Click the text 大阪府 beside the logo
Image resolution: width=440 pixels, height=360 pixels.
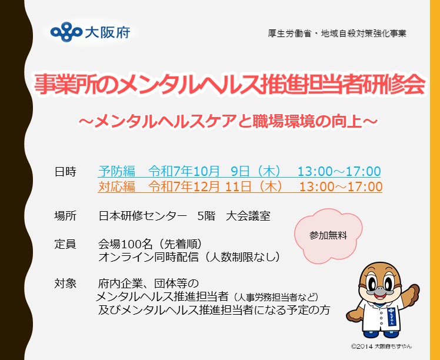(98, 30)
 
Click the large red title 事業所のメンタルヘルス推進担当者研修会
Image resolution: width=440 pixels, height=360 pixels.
(229, 86)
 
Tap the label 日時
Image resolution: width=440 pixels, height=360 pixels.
(65, 172)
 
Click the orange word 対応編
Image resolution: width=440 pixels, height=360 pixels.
(117, 187)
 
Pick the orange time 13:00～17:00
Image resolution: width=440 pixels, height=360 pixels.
(341, 187)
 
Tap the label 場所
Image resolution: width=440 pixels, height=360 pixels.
(65, 216)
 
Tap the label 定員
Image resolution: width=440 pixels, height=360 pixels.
(65, 242)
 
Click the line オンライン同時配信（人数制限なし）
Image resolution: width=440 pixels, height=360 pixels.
(189, 257)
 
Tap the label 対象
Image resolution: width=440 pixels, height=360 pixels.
(65, 283)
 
